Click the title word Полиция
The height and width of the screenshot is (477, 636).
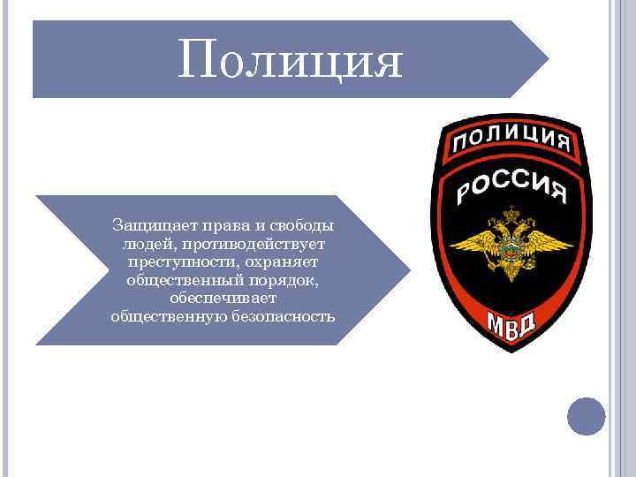pos(290,61)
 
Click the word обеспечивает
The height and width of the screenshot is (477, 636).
pos(223,298)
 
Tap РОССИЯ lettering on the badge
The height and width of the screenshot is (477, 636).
pos(510,183)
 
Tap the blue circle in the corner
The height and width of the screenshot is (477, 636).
pos(586,416)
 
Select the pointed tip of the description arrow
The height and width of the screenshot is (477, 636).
pos(407,269)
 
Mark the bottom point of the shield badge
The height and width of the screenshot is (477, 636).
pos(511,352)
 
